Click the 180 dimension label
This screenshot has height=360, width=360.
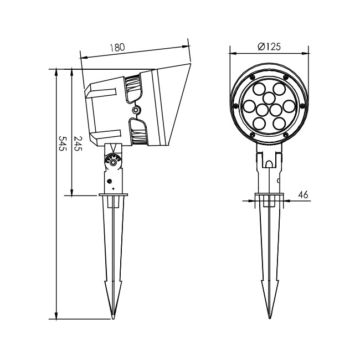point(117,48)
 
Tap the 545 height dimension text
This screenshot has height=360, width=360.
point(63,143)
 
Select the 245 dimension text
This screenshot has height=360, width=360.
point(78,143)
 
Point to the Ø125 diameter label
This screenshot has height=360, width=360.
point(269,47)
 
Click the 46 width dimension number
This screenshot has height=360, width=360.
point(303,195)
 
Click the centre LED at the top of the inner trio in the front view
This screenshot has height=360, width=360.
point(269,98)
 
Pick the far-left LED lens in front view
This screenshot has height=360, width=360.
point(250,106)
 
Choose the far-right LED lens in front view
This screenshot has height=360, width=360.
point(289,106)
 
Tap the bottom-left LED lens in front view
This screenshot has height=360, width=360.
point(259,124)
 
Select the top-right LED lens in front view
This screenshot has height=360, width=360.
point(279,89)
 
